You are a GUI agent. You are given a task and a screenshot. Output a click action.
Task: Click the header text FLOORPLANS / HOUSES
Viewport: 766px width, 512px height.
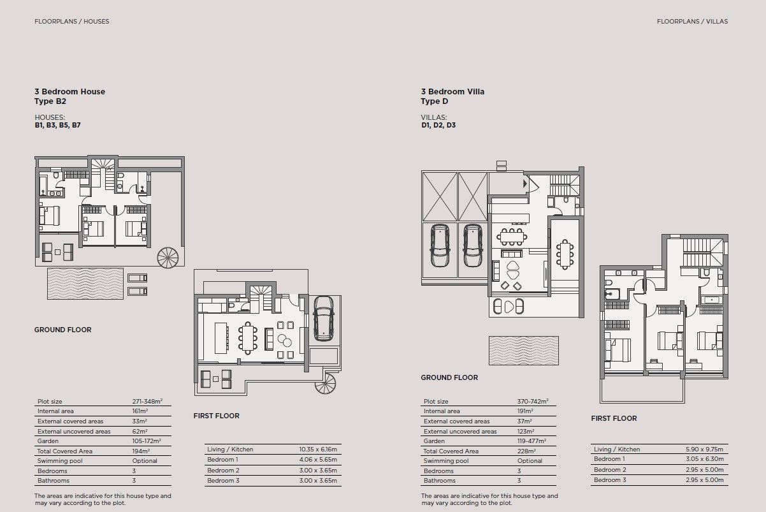[71, 21]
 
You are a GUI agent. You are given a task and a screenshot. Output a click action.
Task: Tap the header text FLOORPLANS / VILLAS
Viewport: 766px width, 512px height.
[692, 21]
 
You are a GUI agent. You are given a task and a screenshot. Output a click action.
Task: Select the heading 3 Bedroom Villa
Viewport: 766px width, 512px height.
[452, 91]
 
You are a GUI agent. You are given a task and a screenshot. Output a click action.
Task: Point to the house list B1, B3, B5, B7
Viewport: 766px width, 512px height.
[57, 126]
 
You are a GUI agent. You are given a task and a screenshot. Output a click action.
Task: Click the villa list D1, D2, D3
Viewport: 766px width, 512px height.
[438, 126]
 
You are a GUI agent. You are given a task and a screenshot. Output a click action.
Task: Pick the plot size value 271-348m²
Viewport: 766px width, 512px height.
[147, 402]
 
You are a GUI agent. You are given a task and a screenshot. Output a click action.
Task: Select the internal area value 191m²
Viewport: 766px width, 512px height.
[525, 412]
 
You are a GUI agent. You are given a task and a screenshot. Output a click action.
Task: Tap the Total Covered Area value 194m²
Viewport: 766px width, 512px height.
[140, 451]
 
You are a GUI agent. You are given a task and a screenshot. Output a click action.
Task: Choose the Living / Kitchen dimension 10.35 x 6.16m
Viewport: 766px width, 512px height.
[318, 450]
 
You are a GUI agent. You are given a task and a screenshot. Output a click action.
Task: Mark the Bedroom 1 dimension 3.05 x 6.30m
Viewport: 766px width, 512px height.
[702, 459]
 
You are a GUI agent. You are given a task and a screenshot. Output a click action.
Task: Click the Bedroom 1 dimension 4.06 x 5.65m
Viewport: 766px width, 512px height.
[318, 460]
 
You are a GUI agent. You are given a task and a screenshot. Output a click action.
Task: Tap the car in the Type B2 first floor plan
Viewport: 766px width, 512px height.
[324, 318]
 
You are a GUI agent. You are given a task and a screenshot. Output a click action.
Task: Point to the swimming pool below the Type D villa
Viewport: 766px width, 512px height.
[523, 351]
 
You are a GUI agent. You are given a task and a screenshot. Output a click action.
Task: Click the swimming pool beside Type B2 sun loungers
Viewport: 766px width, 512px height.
[85, 284]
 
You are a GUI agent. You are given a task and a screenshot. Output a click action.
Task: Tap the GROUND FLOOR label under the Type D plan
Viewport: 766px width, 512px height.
[449, 377]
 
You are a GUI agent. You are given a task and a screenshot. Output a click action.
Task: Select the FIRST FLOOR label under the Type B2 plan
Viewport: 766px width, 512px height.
[216, 416]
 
